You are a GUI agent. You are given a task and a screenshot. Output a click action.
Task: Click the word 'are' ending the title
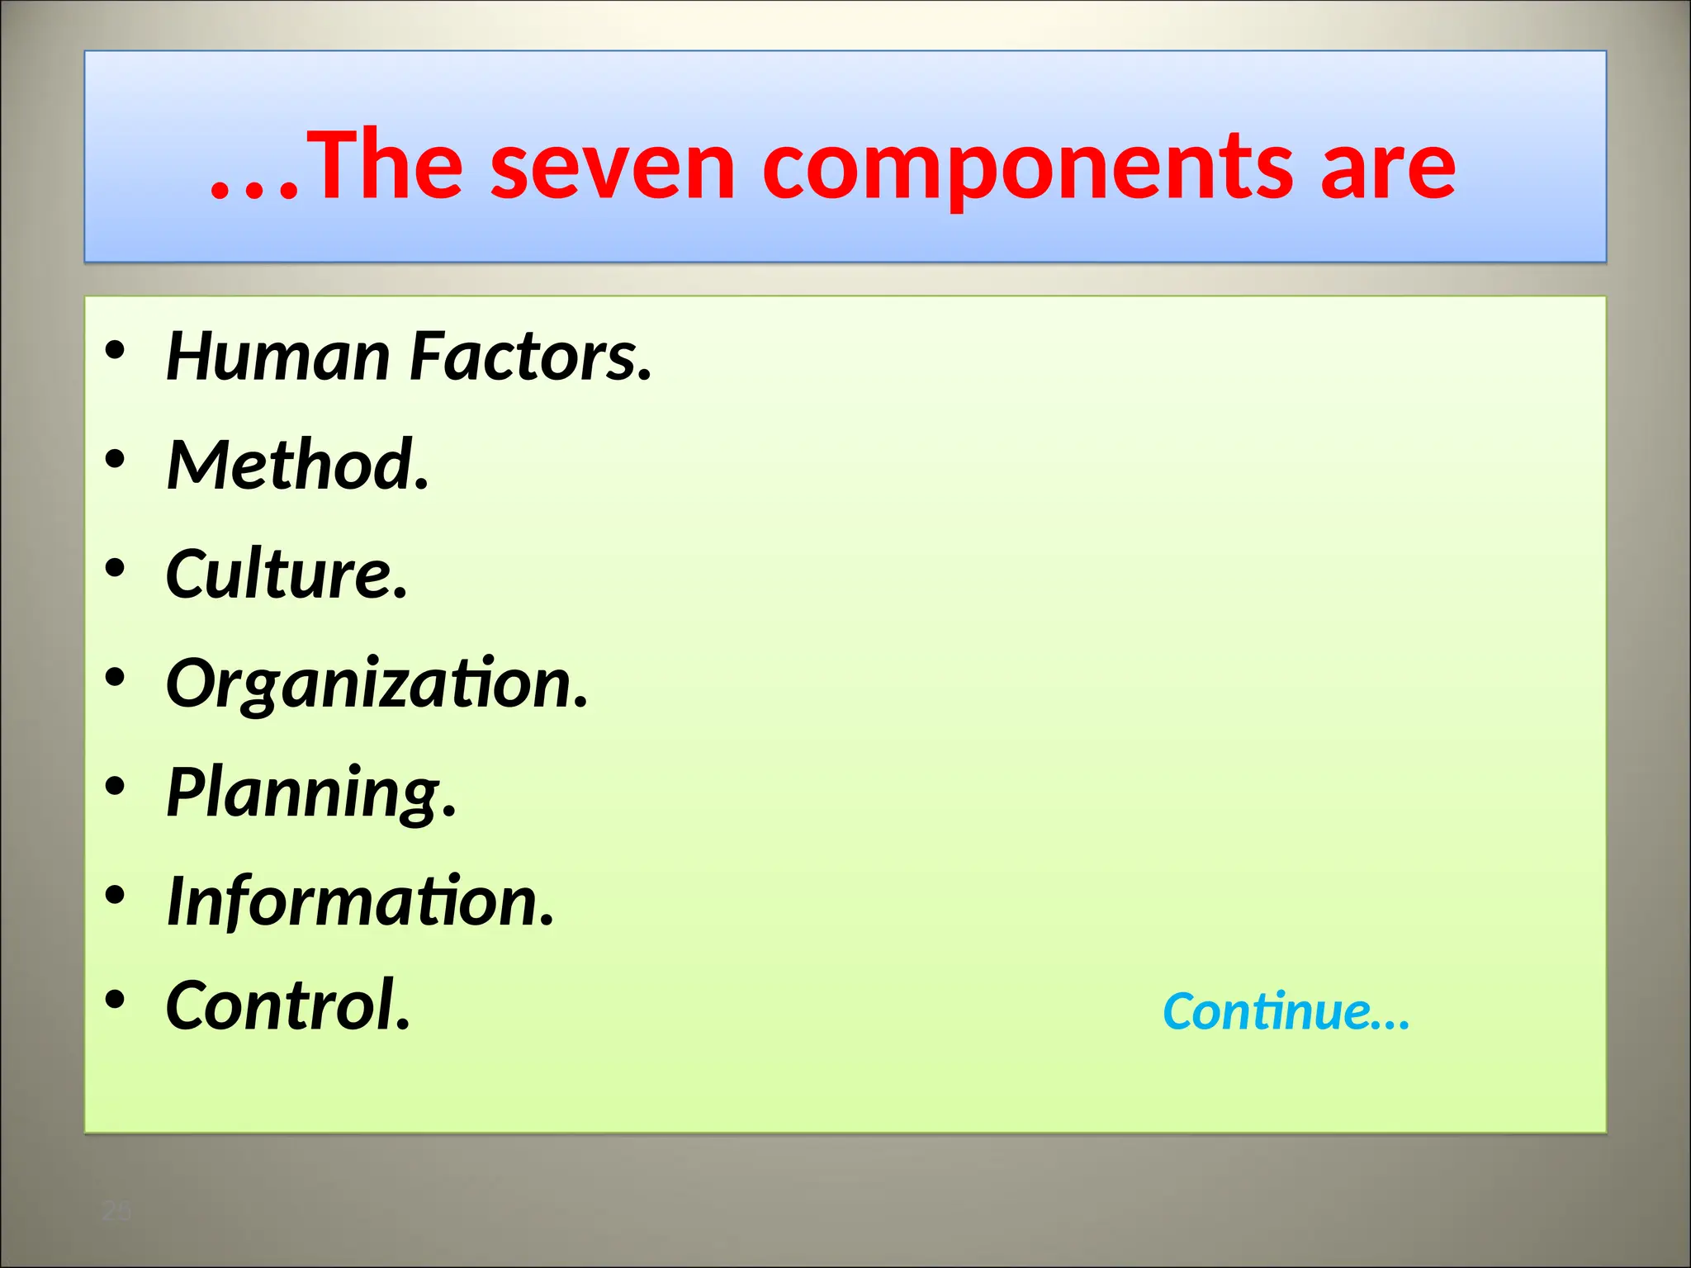coord(1387,169)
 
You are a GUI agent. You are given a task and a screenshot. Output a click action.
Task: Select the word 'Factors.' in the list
coord(531,357)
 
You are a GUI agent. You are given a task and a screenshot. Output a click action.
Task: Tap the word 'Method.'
coord(298,465)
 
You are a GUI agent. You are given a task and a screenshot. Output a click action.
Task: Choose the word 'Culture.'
coord(287,574)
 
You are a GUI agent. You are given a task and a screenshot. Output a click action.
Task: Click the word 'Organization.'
coord(377,684)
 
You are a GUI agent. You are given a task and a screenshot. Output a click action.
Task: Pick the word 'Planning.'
coord(311,792)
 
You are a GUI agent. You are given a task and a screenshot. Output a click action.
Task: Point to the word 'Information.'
coord(361,901)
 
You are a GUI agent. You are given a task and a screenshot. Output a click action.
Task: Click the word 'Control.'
coord(288,1005)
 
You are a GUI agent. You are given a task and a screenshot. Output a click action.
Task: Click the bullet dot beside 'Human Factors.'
coord(116,350)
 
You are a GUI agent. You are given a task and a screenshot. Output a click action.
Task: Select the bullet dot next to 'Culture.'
coord(116,567)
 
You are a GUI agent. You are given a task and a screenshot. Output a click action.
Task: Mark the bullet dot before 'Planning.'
coord(116,785)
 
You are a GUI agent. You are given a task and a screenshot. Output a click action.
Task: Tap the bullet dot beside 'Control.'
coord(116,999)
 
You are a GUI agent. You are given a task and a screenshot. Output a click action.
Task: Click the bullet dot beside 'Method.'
coord(116,458)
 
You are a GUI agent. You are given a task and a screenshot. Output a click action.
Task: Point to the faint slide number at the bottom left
coord(116,1212)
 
